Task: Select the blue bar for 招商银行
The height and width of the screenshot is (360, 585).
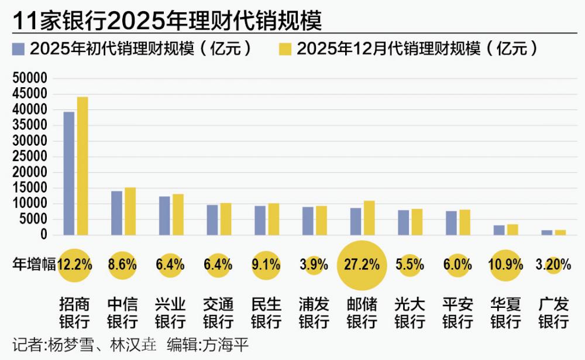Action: [x=69, y=173]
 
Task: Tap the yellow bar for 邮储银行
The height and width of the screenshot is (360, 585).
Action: [x=369, y=218]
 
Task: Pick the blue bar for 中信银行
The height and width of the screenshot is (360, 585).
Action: [x=117, y=213]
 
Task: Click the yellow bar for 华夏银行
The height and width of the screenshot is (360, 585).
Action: [x=512, y=229]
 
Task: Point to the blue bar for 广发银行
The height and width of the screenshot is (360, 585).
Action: [x=547, y=232]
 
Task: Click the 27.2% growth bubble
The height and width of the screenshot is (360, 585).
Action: [x=362, y=265]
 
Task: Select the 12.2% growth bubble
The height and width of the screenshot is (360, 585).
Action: [x=75, y=265]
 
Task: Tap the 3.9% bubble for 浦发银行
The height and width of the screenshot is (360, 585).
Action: [x=314, y=265]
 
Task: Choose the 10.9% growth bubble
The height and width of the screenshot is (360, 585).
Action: [x=505, y=265]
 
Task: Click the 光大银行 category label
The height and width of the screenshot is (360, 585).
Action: [x=409, y=313]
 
